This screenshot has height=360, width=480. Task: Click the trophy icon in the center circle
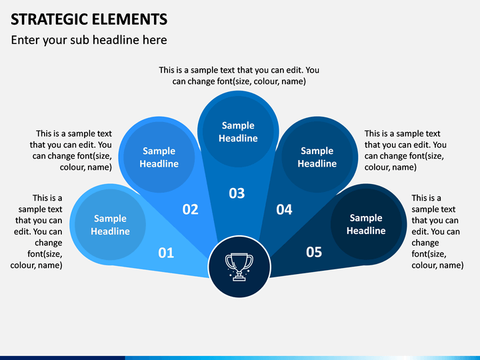pos(239,267)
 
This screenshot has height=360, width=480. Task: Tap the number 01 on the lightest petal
pos(166,253)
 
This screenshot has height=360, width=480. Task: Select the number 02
pos(190,209)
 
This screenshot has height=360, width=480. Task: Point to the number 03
pos(237,193)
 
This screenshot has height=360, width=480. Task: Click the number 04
pos(284,210)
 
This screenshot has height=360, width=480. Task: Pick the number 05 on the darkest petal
pos(314,252)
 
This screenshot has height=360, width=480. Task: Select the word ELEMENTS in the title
pos(129,19)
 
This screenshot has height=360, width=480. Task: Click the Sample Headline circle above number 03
pos(238,132)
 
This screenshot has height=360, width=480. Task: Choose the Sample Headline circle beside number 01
pos(110,225)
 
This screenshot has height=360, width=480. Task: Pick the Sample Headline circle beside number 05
pos(366,224)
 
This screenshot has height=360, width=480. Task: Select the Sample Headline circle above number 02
pos(159,157)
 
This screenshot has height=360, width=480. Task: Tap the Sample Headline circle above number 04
pos(317,157)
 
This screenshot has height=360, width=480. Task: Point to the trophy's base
pos(239,278)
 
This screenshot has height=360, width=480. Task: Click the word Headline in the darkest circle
pos(366,231)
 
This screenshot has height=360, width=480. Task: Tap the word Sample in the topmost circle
pos(238,125)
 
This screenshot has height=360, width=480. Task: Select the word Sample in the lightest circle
pos(110,219)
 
